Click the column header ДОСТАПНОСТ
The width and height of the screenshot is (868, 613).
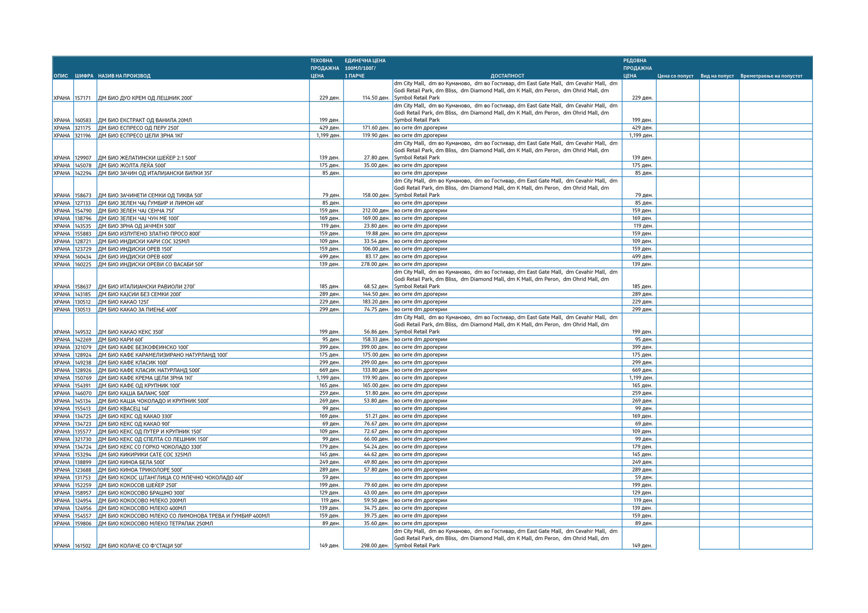click(x=507, y=76)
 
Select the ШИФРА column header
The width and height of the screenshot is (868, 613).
click(x=84, y=76)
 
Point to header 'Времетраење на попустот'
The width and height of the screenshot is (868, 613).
click(x=771, y=76)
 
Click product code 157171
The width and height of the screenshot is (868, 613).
click(x=83, y=98)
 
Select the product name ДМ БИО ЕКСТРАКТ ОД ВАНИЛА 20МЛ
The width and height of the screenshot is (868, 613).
click(x=145, y=120)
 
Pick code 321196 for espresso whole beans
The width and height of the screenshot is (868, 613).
click(x=83, y=136)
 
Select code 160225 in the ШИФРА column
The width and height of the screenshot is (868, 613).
click(x=83, y=264)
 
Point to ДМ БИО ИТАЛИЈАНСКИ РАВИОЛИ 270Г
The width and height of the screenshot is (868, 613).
click(x=146, y=287)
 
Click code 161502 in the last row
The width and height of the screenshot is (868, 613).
click(x=83, y=546)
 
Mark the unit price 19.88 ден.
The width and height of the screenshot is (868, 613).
click(x=377, y=234)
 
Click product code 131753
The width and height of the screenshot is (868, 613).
click(x=83, y=478)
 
